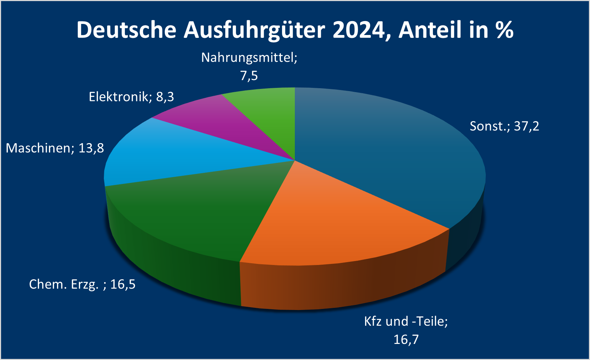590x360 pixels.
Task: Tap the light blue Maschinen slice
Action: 178,154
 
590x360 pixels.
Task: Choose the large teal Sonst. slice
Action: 385,154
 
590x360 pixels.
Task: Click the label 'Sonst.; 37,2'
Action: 504,126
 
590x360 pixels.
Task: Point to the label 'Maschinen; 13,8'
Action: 55,148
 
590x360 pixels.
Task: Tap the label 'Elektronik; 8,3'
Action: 131,97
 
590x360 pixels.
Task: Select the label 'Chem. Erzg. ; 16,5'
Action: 82,284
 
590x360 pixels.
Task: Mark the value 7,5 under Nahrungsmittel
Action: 249,76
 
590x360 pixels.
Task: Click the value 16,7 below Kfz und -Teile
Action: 406,339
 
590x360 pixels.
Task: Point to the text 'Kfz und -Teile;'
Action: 406,321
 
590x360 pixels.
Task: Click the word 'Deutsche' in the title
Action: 126,30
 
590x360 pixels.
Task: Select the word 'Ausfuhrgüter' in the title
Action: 254,30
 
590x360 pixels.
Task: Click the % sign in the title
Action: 504,30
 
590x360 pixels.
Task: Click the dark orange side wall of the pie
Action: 343,286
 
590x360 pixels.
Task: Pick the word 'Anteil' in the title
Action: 430,30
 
